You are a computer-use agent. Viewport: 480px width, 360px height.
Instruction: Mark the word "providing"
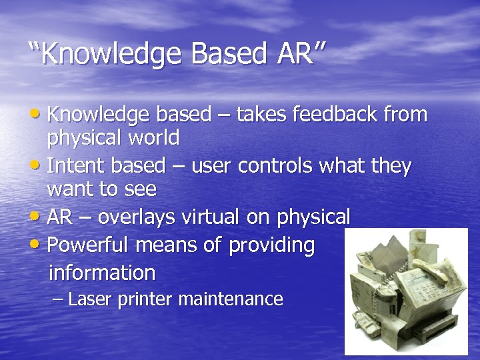271,246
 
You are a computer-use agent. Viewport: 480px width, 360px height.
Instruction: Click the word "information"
102,273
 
